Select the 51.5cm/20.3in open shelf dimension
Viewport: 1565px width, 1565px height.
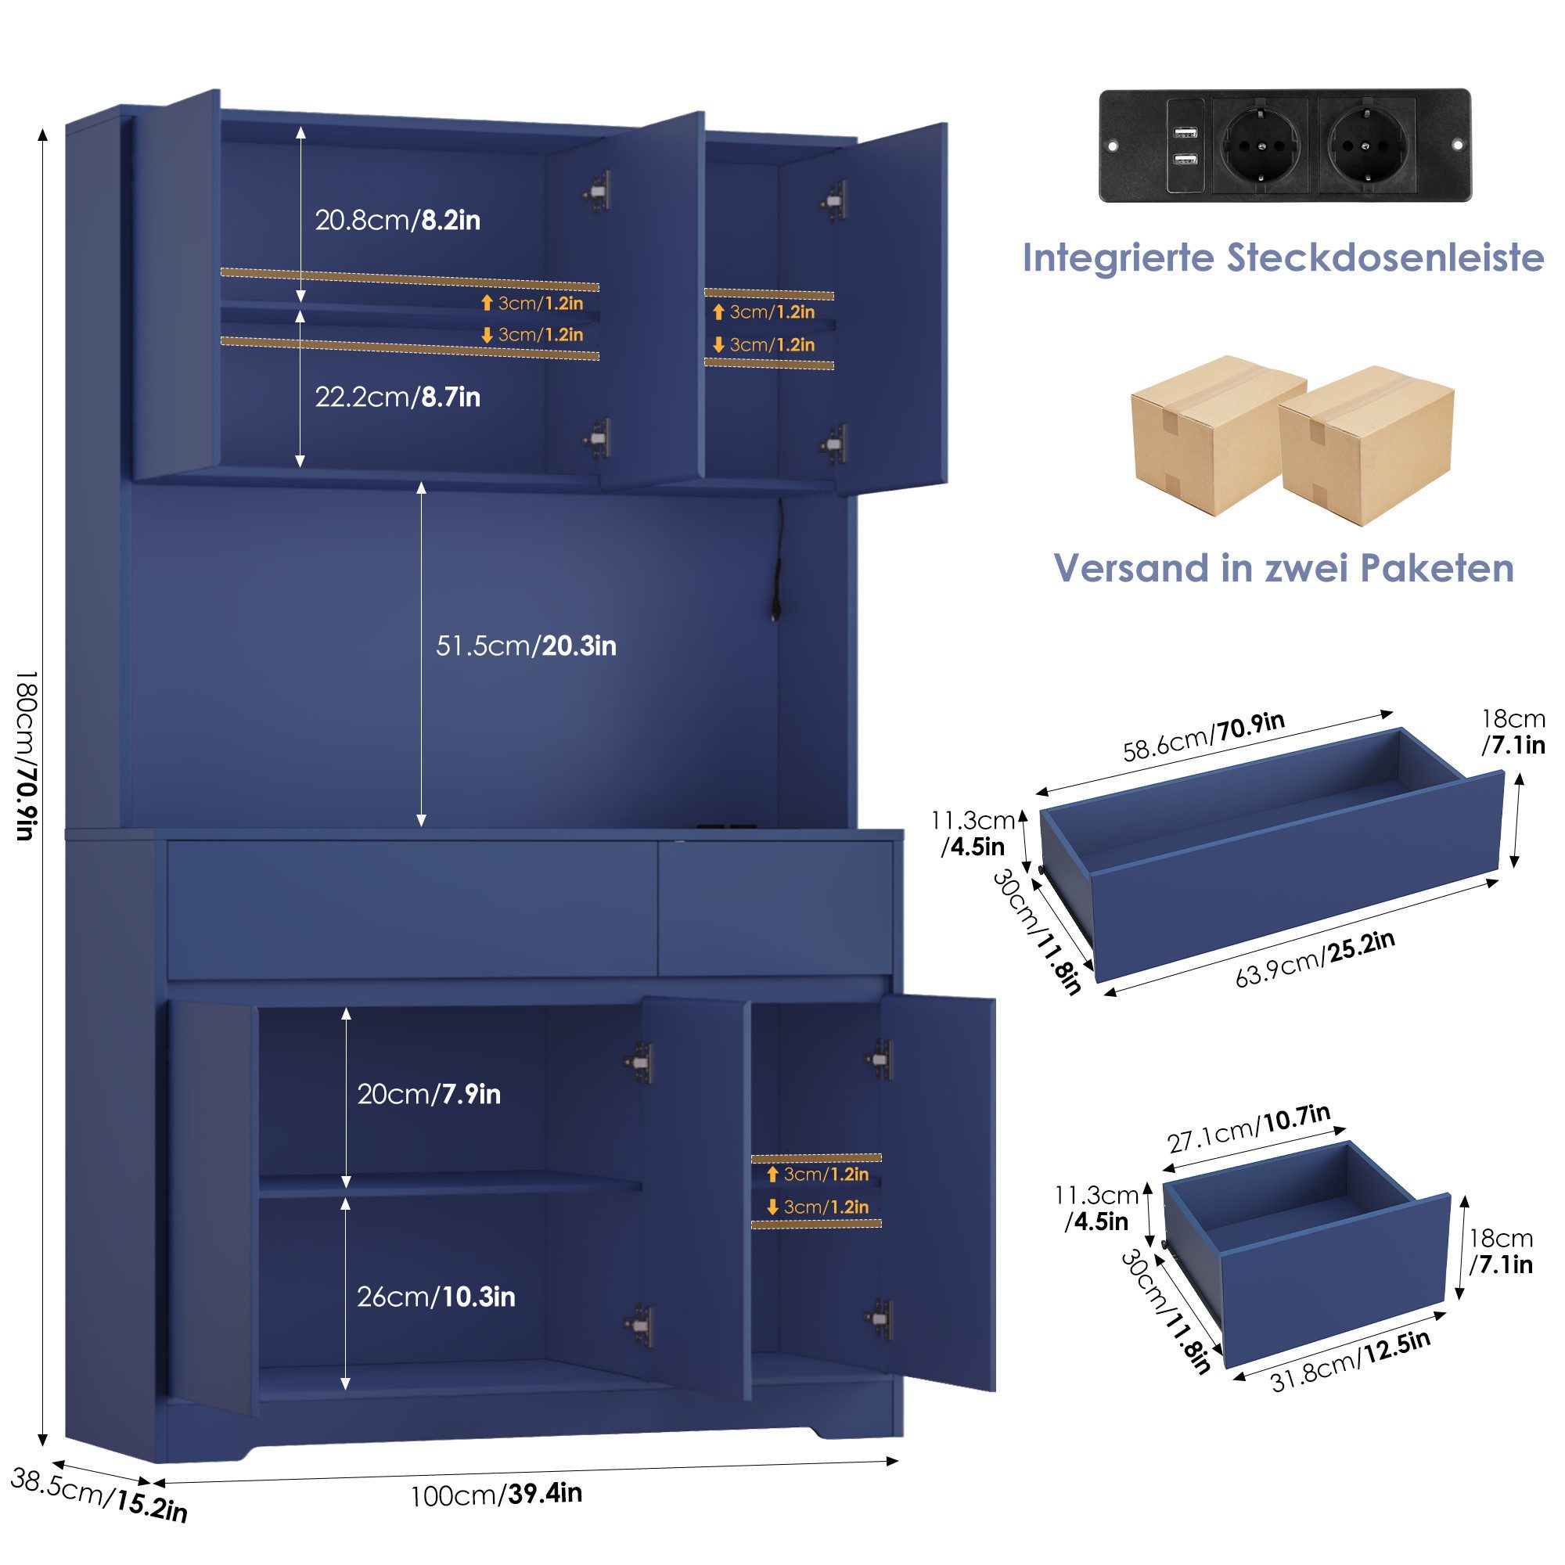click(526, 646)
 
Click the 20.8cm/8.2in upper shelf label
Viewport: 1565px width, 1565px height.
click(397, 221)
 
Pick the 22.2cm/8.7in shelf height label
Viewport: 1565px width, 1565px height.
click(397, 397)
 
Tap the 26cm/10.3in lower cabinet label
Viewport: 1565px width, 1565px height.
click(436, 1297)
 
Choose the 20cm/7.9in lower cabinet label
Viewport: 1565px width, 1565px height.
click(429, 1095)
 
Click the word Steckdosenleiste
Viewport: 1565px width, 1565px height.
click(1384, 257)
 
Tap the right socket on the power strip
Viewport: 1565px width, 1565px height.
click(1367, 146)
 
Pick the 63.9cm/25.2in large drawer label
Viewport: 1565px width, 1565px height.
click(1315, 960)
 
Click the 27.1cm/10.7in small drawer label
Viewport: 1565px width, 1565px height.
click(1248, 1128)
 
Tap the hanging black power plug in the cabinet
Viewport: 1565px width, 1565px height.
click(777, 607)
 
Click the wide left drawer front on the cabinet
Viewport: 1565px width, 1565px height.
click(412, 908)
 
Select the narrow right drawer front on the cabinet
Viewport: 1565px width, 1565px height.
click(775, 908)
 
